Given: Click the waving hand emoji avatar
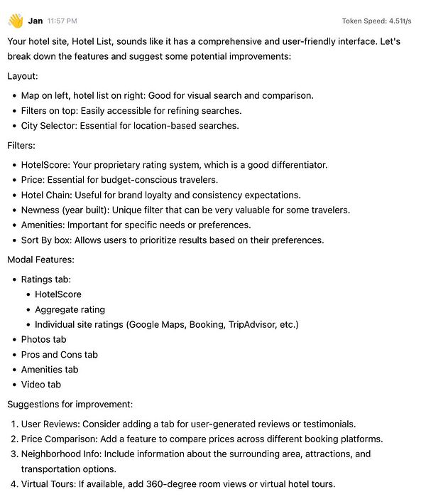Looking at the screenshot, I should tap(15, 21).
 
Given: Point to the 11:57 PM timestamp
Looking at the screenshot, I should tap(62, 21).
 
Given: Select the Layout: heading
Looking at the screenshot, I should tap(24, 75).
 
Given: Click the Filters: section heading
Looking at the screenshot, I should tap(24, 145).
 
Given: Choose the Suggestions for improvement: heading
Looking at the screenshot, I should tap(70, 405).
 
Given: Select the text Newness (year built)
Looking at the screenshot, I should tap(72, 210).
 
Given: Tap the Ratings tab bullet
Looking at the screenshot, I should tap(45, 279).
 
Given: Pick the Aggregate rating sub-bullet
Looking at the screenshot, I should tap(70, 309).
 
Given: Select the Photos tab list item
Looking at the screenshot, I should tap(43, 339).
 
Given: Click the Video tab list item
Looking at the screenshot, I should tap(40, 385).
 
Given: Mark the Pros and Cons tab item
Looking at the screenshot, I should tap(59, 354).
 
